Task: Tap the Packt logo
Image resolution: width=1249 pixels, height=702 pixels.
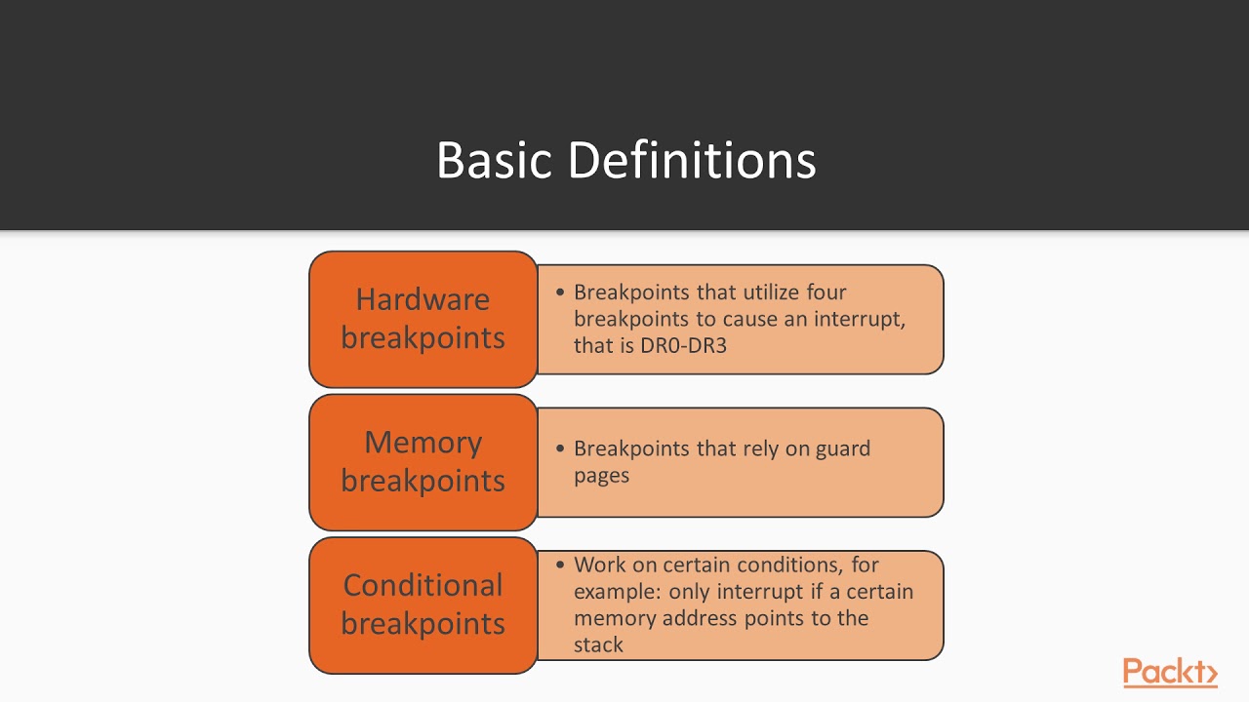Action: tap(1170, 673)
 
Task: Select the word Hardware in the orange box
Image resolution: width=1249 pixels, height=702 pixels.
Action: tap(423, 299)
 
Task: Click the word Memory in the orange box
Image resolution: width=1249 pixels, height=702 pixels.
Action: tap(423, 443)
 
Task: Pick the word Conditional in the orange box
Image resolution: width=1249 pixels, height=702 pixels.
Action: tap(423, 585)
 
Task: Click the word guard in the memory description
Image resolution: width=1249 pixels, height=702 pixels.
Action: tap(842, 449)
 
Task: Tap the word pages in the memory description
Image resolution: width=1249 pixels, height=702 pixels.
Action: tap(601, 476)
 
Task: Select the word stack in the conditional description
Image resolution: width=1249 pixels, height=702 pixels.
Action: tap(598, 644)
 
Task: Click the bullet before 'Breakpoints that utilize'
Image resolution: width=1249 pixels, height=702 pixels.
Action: tap(560, 292)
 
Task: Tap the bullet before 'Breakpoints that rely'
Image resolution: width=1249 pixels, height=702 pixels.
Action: tap(560, 449)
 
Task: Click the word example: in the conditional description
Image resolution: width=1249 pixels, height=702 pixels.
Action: tap(618, 592)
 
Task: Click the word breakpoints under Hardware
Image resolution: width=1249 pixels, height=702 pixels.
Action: tap(423, 338)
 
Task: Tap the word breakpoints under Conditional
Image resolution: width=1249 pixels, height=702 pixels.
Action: tap(423, 624)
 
